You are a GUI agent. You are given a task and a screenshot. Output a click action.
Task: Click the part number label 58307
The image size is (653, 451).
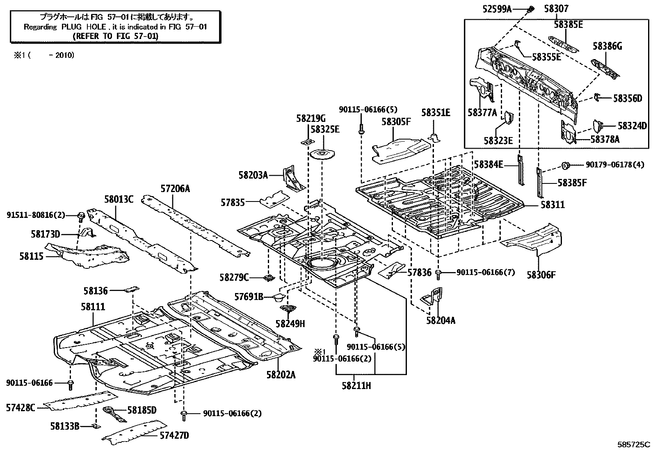(557, 8)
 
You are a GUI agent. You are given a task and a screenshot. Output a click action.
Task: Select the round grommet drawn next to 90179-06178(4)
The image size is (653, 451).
(565, 165)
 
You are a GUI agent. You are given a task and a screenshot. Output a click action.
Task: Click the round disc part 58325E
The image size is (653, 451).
(322, 155)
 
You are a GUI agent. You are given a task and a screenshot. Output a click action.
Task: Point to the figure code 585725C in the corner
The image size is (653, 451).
(634, 444)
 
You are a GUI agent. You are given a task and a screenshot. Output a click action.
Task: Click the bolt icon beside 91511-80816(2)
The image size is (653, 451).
(81, 215)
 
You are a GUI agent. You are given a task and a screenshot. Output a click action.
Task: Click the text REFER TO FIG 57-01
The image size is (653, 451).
(115, 36)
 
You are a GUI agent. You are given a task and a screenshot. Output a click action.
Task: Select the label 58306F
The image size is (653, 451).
(541, 275)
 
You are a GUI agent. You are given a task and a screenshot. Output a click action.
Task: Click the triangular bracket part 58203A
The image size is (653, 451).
(292, 179)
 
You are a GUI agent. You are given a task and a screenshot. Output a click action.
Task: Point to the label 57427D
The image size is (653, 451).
(175, 435)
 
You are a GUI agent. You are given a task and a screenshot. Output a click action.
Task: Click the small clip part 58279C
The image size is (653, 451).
(269, 278)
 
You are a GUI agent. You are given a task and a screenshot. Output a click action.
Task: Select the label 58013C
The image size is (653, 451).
(119, 199)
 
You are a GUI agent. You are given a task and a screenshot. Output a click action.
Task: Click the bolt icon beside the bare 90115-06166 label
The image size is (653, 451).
(70, 384)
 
